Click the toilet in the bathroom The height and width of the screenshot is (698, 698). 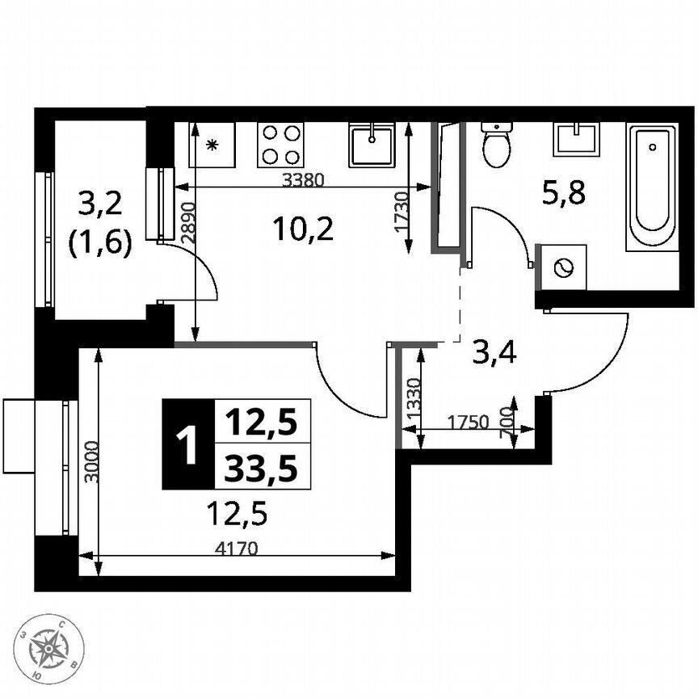pyautogui.click(x=495, y=144)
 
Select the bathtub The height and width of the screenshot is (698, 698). pyautogui.click(x=651, y=187)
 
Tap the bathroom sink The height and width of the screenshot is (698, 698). pyautogui.click(x=577, y=138)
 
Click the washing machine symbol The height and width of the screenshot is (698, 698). pyautogui.click(x=562, y=267)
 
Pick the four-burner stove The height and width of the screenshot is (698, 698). pyautogui.click(x=280, y=145)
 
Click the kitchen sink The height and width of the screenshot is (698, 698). pyautogui.click(x=372, y=145)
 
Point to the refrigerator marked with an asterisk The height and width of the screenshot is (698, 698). pyautogui.click(x=212, y=145)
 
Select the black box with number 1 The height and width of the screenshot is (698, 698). pyautogui.click(x=187, y=445)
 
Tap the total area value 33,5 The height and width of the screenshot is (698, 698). pyautogui.click(x=261, y=468)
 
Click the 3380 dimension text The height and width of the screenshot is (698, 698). pyautogui.click(x=302, y=181)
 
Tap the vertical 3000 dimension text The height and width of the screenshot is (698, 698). pyautogui.click(x=91, y=462)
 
